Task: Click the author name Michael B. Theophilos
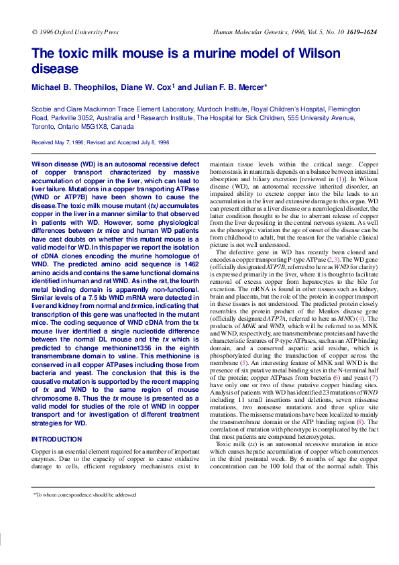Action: pyautogui.click(x=76, y=87)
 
